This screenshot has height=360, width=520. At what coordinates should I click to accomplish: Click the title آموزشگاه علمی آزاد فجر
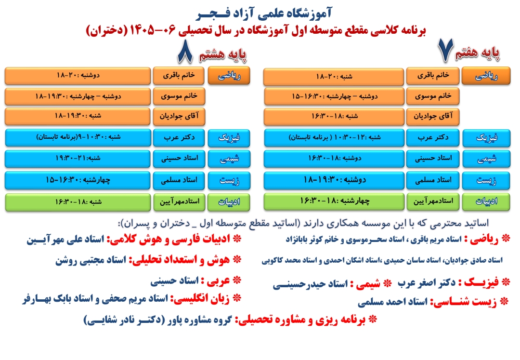pos(264,13)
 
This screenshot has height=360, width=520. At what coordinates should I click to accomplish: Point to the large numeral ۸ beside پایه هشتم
pos(185,52)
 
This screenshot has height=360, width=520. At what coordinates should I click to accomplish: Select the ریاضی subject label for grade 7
pos(486,76)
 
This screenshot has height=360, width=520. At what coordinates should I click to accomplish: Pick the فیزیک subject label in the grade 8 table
pos(229,138)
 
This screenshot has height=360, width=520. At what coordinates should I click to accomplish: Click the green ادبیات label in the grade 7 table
pos(486,201)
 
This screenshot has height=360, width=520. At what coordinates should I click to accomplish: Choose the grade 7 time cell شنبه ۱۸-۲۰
pos(334,77)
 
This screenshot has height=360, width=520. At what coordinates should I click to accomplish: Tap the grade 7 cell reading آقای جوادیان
pos(433,117)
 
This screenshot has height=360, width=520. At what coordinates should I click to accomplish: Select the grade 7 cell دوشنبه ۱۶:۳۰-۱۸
pos(334,159)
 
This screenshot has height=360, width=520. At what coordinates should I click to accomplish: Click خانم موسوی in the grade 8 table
pos(179,96)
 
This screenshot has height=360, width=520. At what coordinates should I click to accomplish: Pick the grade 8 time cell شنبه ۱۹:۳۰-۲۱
pos(78,159)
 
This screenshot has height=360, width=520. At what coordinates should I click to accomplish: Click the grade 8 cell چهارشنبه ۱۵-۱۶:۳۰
pos(78,180)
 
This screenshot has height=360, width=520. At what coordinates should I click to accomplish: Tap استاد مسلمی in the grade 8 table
pos(179,180)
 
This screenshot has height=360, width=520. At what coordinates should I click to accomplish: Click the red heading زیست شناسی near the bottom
pos(464,302)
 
